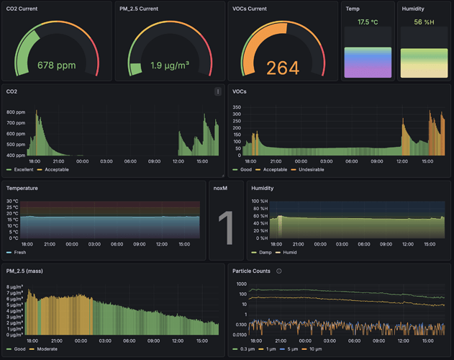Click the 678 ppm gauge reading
56,66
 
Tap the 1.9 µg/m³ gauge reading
170,66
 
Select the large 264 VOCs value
282,68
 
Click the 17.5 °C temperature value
368,22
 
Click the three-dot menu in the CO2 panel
218,91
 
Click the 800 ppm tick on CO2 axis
16,112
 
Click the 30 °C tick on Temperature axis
12,202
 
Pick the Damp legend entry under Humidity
265,253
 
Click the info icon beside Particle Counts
279,271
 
